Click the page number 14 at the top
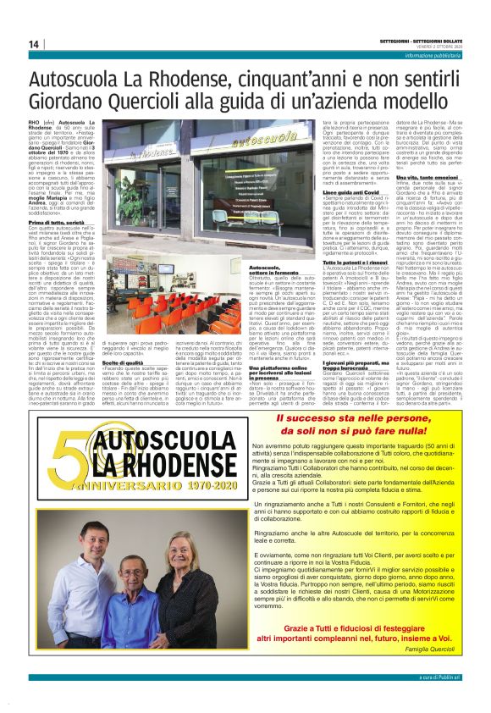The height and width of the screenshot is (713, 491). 33,43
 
